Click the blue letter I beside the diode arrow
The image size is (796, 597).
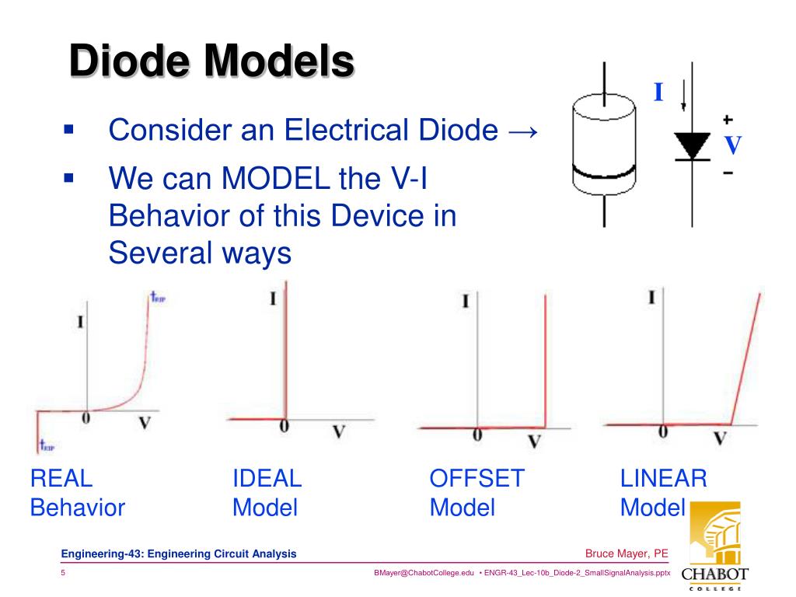click(x=658, y=93)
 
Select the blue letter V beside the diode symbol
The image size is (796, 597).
click(x=733, y=145)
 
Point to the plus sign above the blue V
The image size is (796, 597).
click(x=728, y=120)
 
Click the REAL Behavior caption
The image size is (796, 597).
click(x=77, y=493)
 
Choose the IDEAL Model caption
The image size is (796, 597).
click(x=267, y=493)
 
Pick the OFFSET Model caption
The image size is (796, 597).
click(x=477, y=493)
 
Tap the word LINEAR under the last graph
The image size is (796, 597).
click(x=663, y=478)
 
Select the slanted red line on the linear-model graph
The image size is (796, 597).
click(x=746, y=358)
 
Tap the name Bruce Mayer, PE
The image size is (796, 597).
click(x=627, y=553)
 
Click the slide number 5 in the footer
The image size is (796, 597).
click(x=64, y=573)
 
